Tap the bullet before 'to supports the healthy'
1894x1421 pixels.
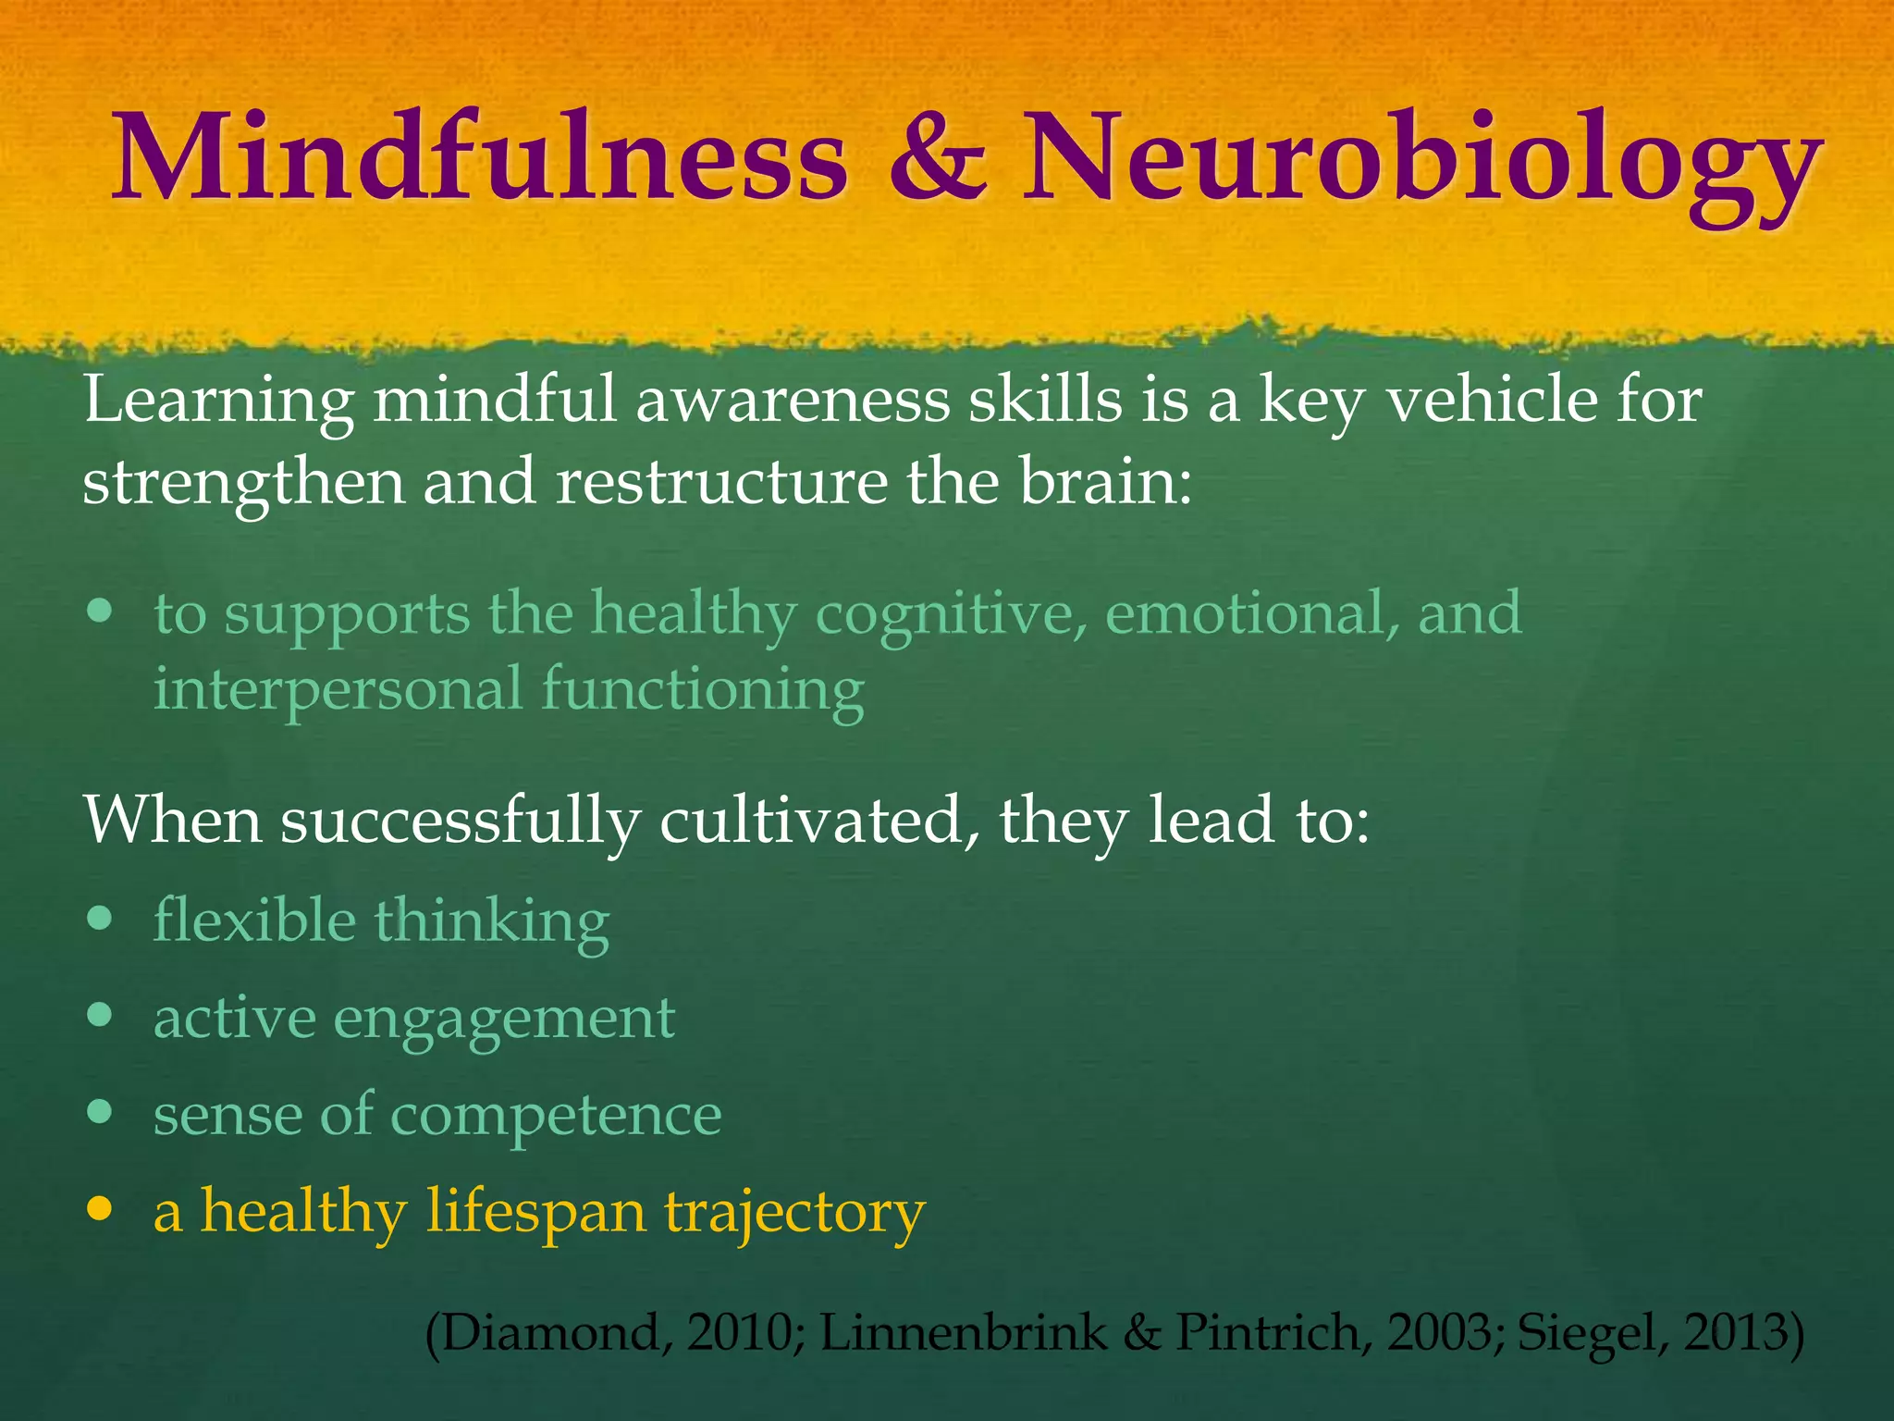[99, 612]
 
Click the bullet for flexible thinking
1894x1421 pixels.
[99, 919]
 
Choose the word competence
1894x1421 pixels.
[555, 1116]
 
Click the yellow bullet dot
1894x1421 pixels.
[99, 1208]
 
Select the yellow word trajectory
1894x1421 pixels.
[795, 1213]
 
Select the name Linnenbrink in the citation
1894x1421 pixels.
[963, 1333]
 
